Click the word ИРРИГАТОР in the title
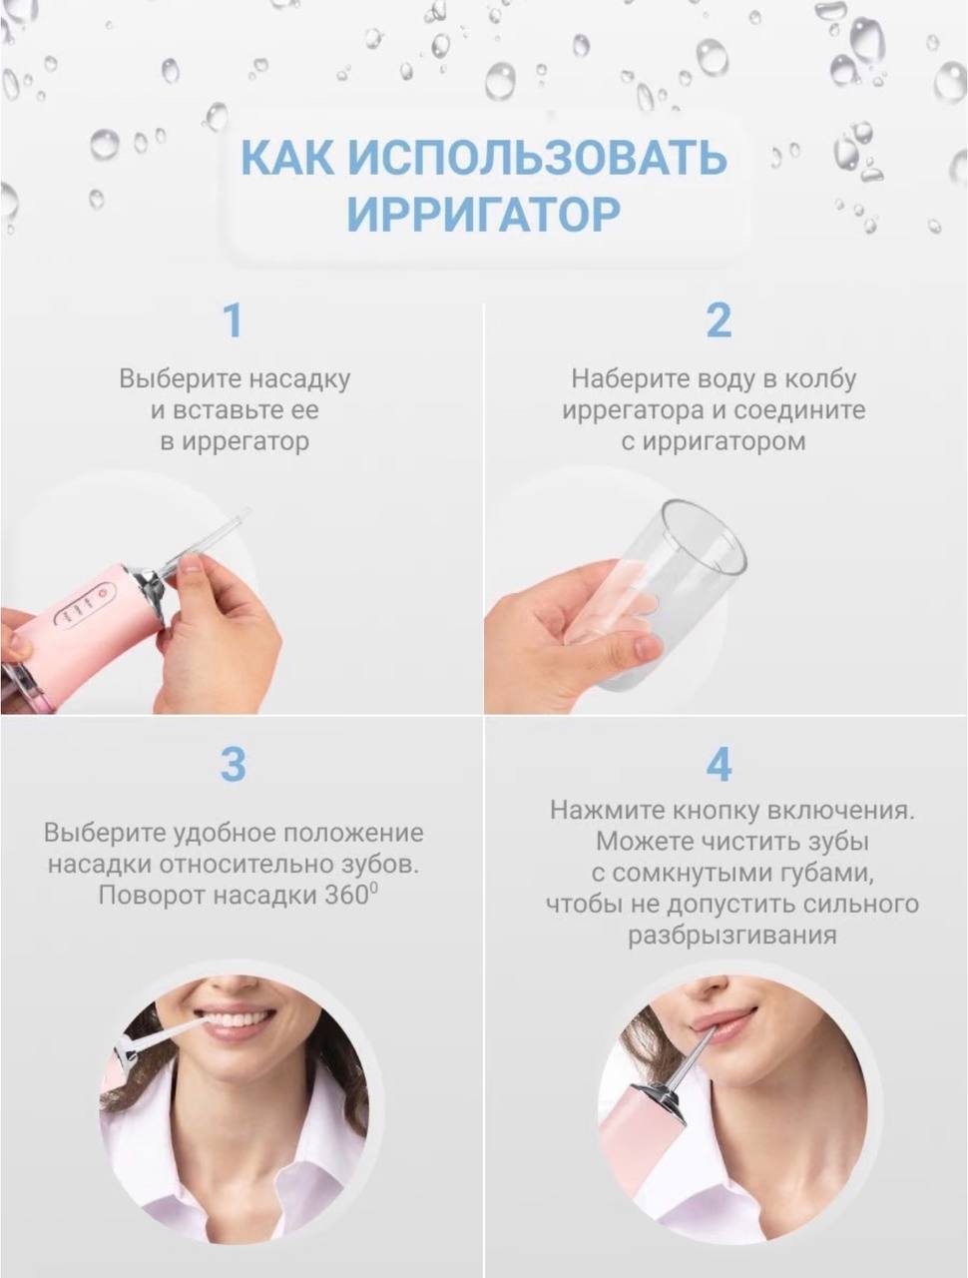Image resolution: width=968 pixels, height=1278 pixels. pos(483,215)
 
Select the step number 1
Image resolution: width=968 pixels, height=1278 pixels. pos(234,320)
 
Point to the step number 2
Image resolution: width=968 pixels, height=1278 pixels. pos(719,320)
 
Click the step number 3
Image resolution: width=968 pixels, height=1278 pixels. pos(234,765)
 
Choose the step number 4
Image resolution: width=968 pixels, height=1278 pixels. pos(719,765)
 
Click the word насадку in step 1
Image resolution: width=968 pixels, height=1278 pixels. pos(299,379)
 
